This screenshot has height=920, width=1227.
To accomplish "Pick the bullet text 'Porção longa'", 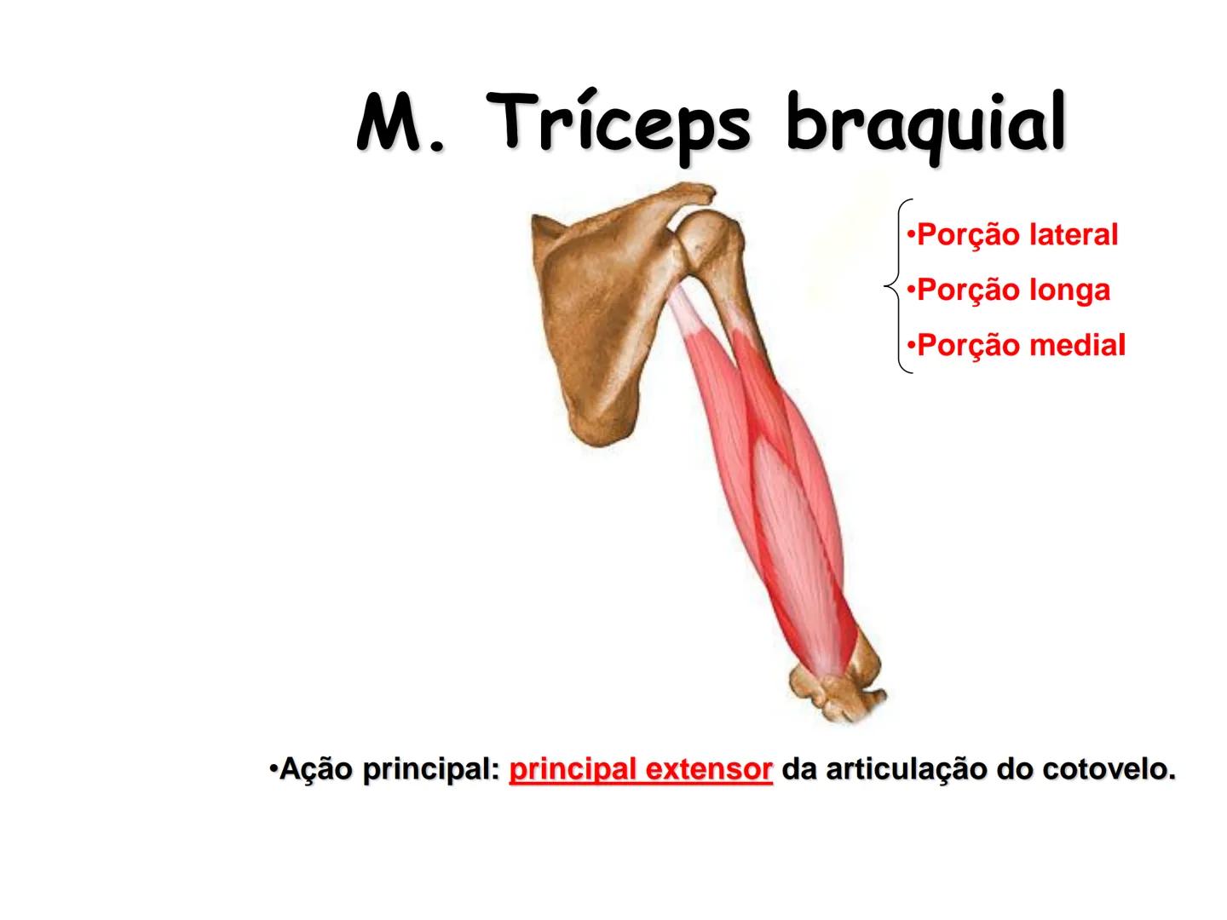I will click(x=1009, y=290).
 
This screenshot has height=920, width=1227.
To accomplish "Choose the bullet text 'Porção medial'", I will click(x=1017, y=346).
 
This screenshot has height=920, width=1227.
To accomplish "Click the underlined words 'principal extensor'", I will click(x=641, y=770).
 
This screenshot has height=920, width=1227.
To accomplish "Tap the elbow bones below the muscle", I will click(x=838, y=686).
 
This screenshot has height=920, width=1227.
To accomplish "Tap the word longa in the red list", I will click(x=1069, y=290).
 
